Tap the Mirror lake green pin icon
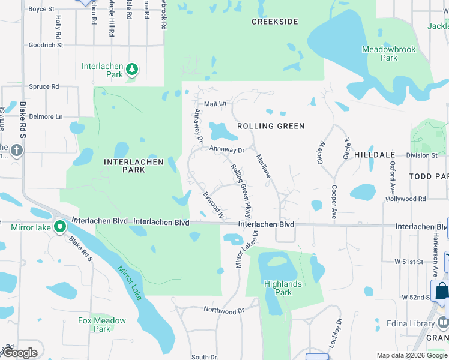59,227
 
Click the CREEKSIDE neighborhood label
275,22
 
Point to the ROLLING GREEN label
271,126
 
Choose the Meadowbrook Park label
388,53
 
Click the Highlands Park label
283,288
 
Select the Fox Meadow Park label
102,325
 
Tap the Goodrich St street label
46,45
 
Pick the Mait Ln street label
215,104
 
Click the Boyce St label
41,9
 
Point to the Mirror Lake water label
130,283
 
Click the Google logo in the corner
20,353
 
